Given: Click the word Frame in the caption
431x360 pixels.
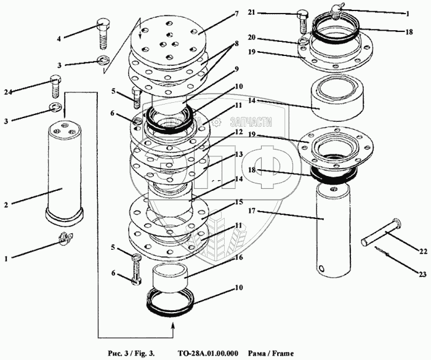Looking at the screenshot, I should (x=281, y=353).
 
